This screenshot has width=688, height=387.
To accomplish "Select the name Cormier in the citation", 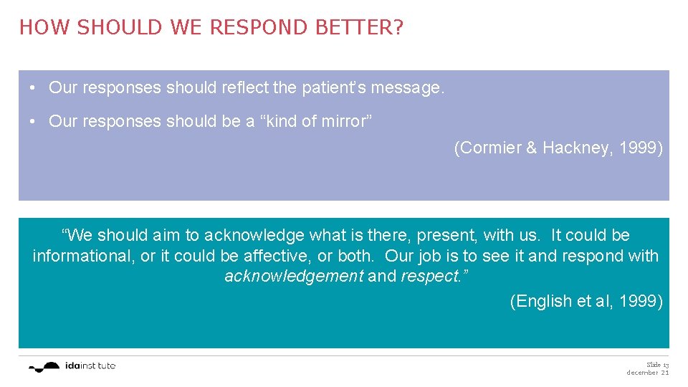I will click(x=485, y=148).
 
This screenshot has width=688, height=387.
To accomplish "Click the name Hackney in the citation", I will click(x=573, y=148).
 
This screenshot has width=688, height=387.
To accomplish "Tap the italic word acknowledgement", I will click(x=294, y=277).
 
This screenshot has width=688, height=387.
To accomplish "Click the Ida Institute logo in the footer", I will click(x=72, y=366).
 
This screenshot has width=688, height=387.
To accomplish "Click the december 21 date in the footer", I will click(x=647, y=373).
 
